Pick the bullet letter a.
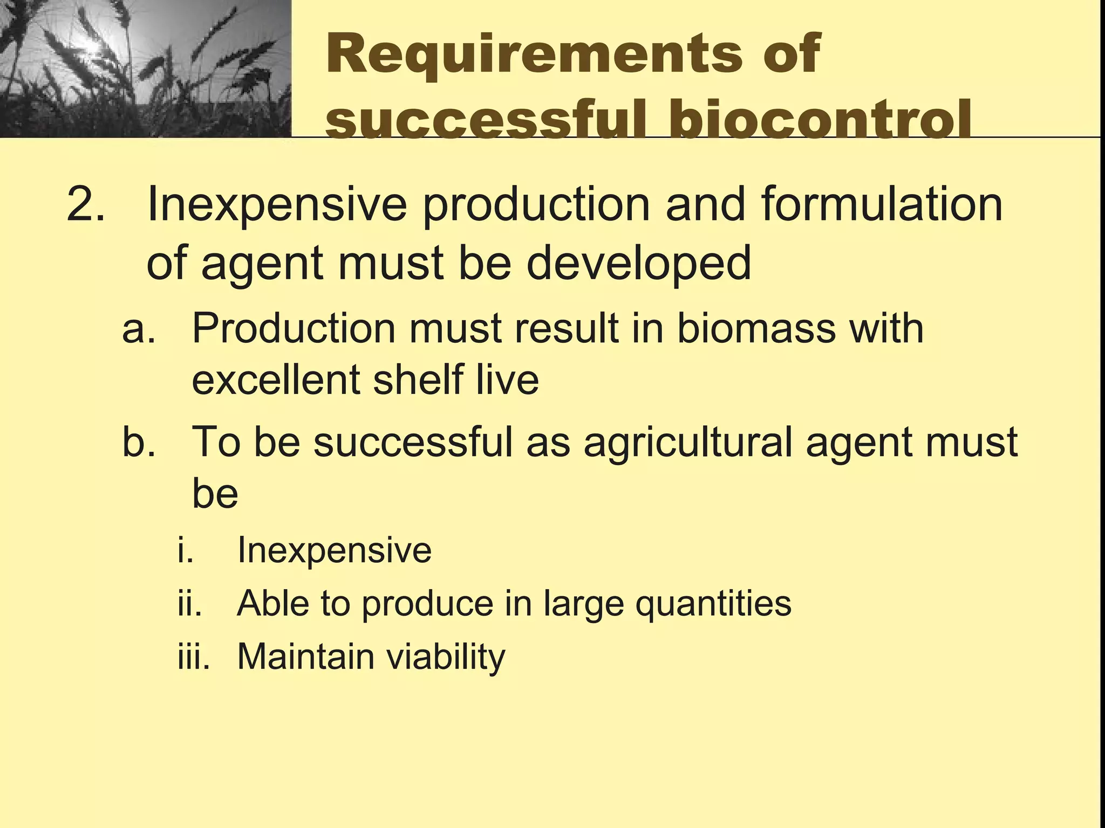(138, 329)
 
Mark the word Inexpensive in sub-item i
(335, 550)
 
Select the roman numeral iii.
(193, 657)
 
